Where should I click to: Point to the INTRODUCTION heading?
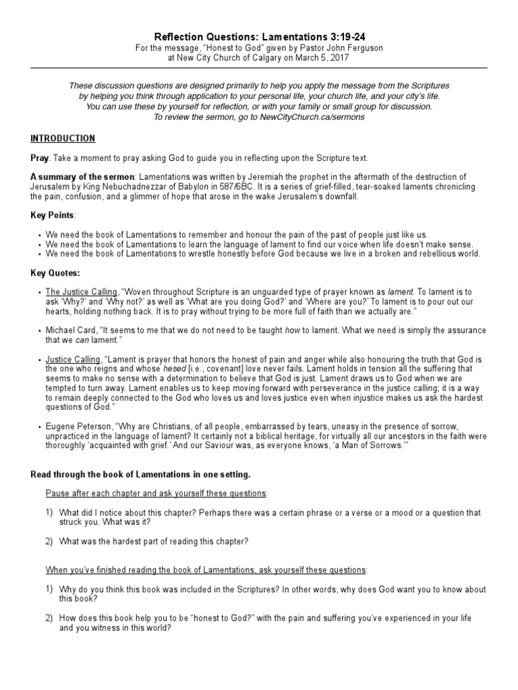[63, 138]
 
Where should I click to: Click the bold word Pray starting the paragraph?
[40, 158]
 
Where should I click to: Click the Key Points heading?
[53, 215]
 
